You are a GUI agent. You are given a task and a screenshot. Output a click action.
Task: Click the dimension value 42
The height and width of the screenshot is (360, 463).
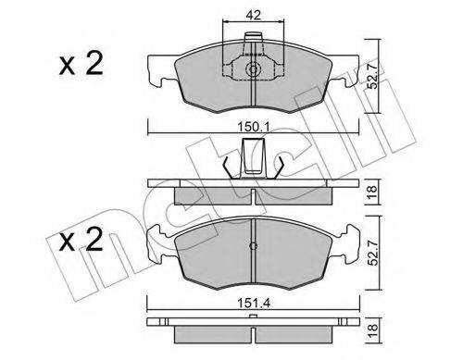click(253, 14)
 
